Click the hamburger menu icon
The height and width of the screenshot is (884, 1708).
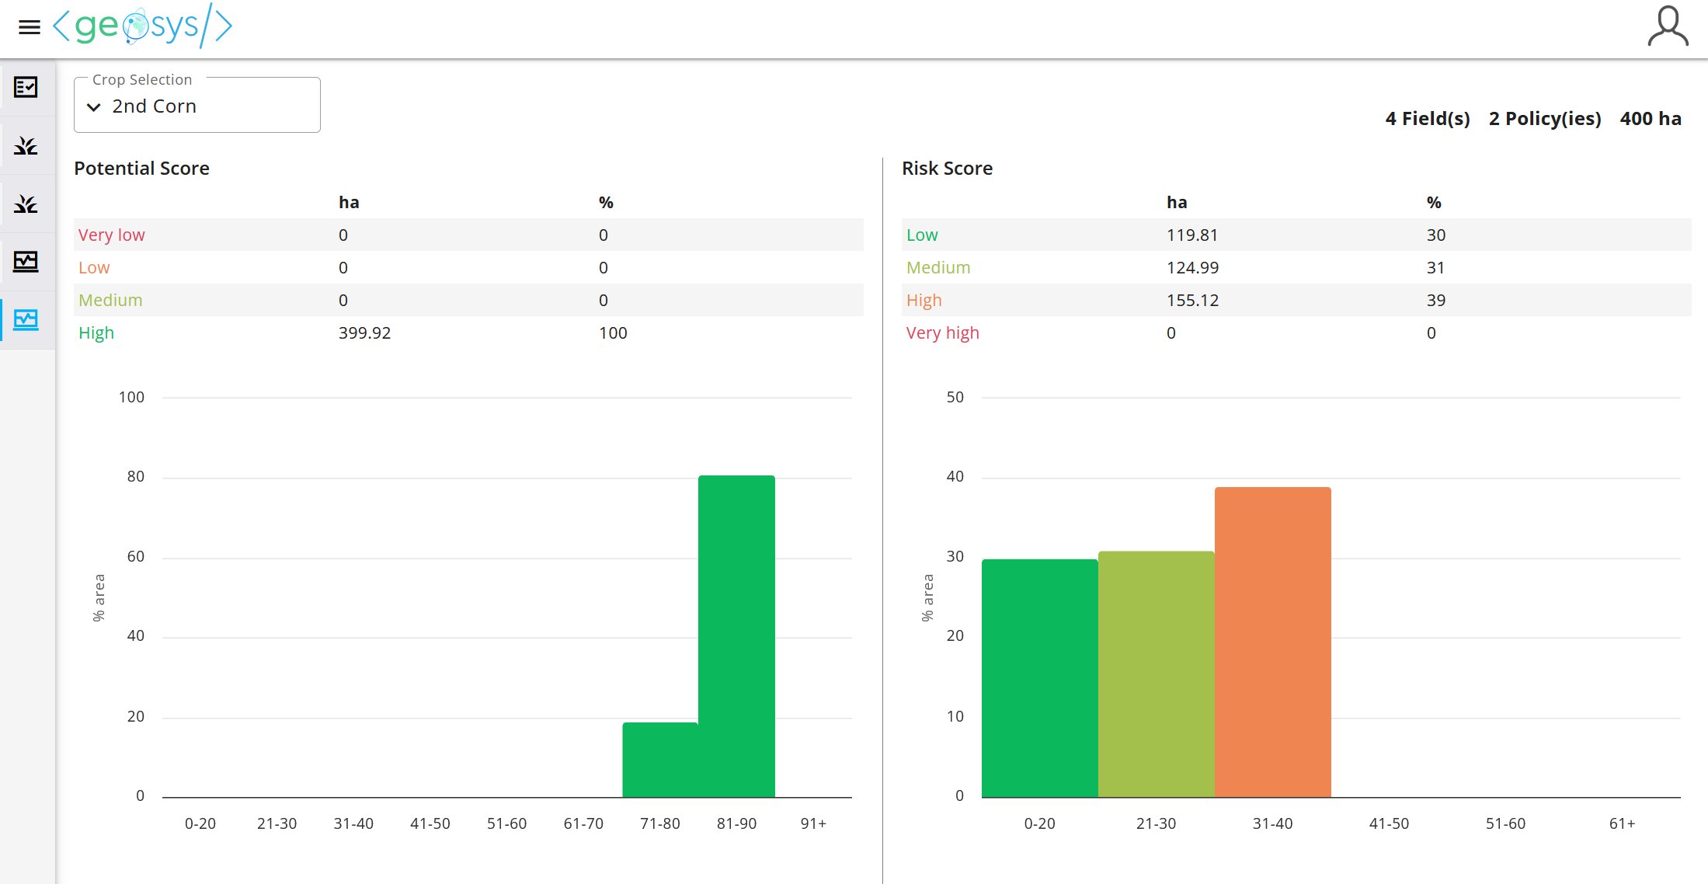pos(29,28)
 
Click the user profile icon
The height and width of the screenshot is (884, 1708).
pos(1667,27)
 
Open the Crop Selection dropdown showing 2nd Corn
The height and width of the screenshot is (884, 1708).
pos(197,106)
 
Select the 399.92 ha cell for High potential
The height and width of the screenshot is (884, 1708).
pos(364,333)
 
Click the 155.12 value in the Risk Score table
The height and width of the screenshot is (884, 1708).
pos(1192,301)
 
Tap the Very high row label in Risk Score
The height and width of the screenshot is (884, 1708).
pos(942,333)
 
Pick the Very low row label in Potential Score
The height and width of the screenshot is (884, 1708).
pos(111,235)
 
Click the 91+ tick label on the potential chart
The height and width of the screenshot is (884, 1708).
pos(813,823)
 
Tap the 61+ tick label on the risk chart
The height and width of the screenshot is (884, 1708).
pos(1622,823)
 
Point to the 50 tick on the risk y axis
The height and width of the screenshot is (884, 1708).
pos(955,398)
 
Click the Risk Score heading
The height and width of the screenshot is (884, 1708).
pos(947,169)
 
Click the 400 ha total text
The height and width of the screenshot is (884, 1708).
pos(1650,119)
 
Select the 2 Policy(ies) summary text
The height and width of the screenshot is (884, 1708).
pos(1544,119)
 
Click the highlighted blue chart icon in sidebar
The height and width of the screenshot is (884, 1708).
pos(26,320)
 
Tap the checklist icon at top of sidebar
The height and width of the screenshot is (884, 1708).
pos(26,87)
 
